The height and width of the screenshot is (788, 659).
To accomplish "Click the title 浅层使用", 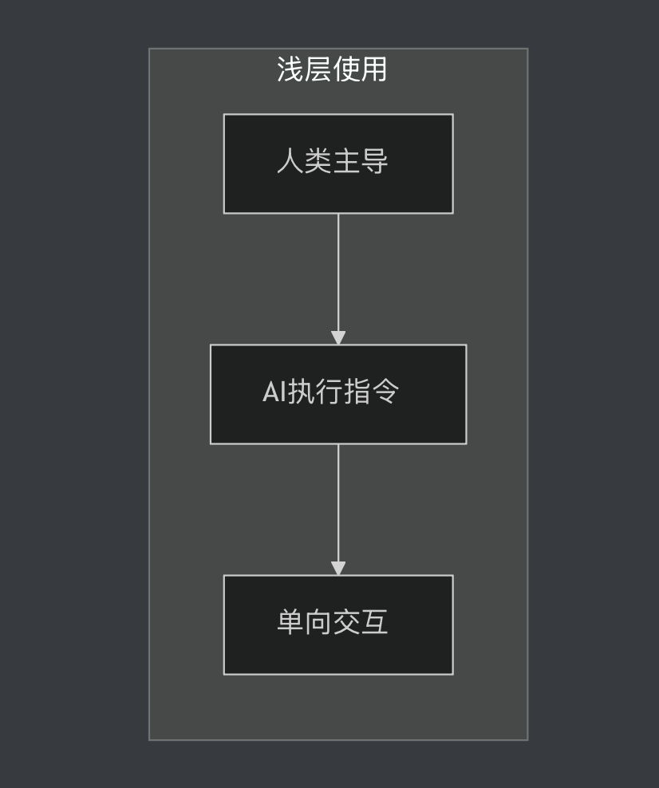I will (x=332, y=69).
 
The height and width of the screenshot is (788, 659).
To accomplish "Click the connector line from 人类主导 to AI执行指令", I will (x=338, y=271).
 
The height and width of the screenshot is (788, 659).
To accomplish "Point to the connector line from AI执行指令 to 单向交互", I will (x=338, y=502).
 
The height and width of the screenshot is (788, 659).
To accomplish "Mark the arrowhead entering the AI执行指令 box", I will (x=338, y=337).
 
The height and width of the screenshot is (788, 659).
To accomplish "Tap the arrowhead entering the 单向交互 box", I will (x=338, y=568).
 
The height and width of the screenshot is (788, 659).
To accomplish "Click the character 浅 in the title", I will (x=290, y=69).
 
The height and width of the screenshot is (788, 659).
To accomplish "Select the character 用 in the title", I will (x=373, y=69).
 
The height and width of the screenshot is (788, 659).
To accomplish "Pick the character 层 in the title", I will (x=318, y=69).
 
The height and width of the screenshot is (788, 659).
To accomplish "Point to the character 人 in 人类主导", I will (x=290, y=161).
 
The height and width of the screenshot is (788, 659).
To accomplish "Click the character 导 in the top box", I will (x=374, y=161).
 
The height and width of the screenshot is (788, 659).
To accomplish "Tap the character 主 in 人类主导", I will (x=346, y=161).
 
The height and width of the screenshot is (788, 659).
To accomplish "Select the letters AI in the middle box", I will (x=274, y=392).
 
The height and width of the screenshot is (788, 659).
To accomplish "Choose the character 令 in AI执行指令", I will (x=385, y=392).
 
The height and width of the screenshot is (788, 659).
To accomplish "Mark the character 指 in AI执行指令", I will (x=357, y=392).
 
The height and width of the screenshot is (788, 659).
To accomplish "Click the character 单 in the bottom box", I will (x=290, y=622).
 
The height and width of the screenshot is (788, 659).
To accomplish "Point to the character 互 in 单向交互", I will (x=374, y=622).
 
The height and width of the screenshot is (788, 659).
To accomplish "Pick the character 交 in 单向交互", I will (x=346, y=622).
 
